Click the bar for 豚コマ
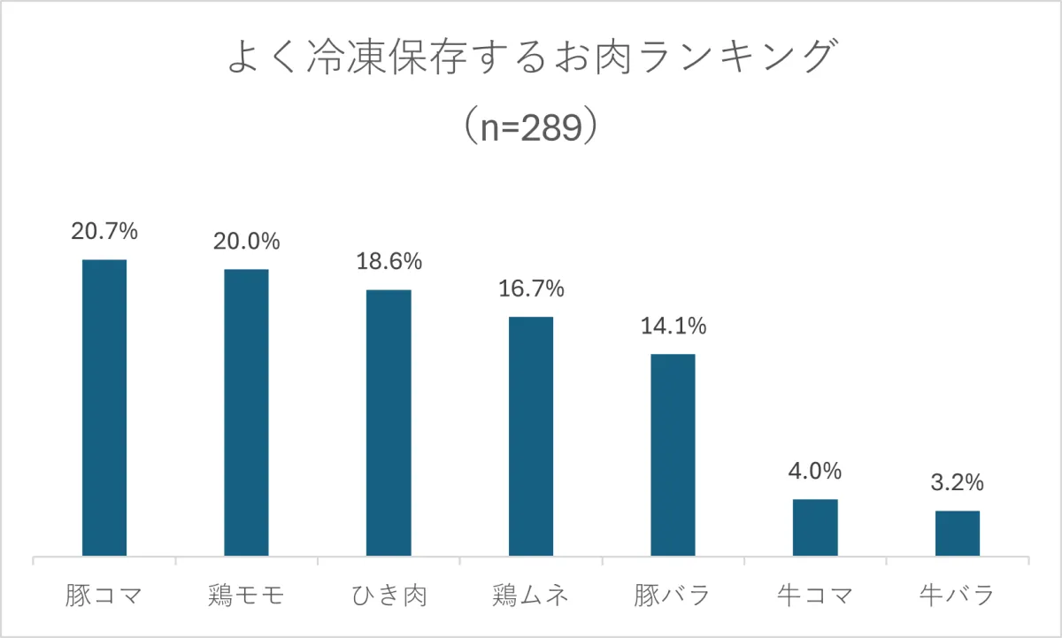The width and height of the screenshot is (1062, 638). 104,408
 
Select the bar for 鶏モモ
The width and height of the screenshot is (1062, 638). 246,412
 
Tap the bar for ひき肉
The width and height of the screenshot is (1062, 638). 389,423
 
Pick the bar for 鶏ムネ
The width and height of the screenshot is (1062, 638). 531,436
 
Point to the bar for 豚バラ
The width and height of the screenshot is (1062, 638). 673,455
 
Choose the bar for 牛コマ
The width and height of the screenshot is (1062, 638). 815,527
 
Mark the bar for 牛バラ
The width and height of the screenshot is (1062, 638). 958,534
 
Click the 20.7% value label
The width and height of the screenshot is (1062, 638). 104,232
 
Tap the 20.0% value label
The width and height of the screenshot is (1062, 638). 246,241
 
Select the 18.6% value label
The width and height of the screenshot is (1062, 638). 389,262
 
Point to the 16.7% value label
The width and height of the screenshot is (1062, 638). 531,288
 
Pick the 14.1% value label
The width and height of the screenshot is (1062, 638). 673,327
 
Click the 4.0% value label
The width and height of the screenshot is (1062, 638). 815,471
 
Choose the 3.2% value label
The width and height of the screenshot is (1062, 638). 958,482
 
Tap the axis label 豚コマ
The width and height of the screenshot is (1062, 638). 104,595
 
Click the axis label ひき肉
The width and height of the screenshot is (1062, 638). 389,595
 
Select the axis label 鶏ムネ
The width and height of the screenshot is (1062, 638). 531,595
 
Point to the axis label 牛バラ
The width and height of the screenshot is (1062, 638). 958,595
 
